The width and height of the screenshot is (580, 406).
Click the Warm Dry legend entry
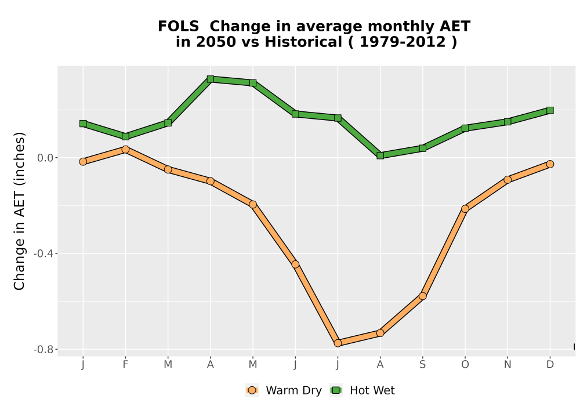click(284, 390)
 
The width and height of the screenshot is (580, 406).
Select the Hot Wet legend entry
click(362, 390)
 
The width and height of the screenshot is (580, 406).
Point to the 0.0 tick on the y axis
click(45, 158)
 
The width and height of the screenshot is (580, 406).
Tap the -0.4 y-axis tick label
click(43, 253)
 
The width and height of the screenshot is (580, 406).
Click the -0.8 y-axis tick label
click(43, 349)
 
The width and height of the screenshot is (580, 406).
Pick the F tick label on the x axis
click(125, 365)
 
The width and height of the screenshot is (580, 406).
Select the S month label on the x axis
click(422, 365)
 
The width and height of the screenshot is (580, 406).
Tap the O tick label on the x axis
click(465, 365)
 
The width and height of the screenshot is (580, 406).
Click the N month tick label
click(507, 365)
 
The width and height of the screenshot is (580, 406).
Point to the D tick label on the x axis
click(550, 365)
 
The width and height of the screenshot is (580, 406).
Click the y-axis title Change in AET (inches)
click(19, 211)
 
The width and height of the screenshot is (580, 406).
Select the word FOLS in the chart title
click(178, 27)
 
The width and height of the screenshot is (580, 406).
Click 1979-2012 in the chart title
click(403, 42)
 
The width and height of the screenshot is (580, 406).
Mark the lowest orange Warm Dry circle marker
click(338, 343)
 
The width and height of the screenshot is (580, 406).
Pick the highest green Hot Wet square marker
click(211, 79)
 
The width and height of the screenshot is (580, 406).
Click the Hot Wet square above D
click(550, 110)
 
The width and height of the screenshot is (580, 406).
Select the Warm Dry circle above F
click(125, 150)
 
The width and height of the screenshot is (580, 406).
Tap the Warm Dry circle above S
click(423, 296)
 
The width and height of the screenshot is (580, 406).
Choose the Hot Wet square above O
click(465, 128)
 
